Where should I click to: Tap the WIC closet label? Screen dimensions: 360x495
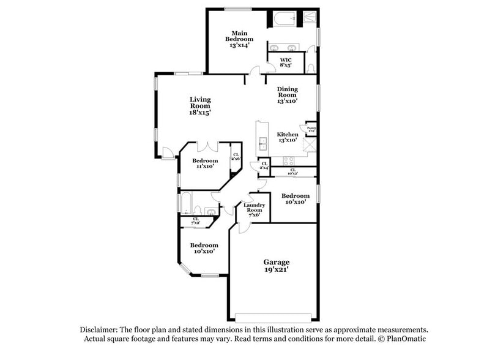pos(286,62)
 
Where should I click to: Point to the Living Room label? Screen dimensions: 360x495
pos(199,106)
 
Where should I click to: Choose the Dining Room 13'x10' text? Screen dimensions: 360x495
pos(287,95)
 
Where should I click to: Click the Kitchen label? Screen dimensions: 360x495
pos(287,137)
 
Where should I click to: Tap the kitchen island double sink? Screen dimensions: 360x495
pos(263,144)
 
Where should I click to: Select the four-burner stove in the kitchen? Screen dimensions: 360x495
pos(287,160)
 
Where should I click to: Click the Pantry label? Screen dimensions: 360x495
pos(311,130)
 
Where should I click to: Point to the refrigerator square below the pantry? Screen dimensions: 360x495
pos(310,145)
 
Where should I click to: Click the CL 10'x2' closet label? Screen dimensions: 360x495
pos(292,171)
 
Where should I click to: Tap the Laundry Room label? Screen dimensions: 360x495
pos(255,209)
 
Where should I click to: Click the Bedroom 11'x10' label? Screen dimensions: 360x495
pos(207,163)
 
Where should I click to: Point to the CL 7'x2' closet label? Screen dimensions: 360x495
pos(196,220)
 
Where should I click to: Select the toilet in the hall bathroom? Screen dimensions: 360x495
pos(210,212)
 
